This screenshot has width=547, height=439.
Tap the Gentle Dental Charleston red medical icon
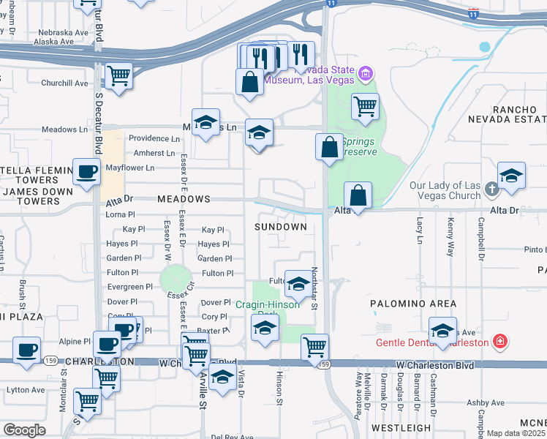(x=499, y=342)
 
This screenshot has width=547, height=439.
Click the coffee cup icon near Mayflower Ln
(x=86, y=173)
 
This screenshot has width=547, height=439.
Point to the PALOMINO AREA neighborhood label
(x=412, y=304)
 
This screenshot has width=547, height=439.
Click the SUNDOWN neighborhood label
(x=280, y=227)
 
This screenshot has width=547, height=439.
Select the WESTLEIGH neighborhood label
(x=401, y=427)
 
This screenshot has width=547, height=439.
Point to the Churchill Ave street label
(x=64, y=83)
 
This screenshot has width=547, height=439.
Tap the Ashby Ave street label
(x=486, y=402)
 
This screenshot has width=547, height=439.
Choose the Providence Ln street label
(x=154, y=138)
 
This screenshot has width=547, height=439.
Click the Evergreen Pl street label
(x=129, y=288)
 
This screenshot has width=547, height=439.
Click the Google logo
(x=24, y=431)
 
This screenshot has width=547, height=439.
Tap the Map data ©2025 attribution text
(x=516, y=433)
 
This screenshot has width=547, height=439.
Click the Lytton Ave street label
(x=26, y=391)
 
